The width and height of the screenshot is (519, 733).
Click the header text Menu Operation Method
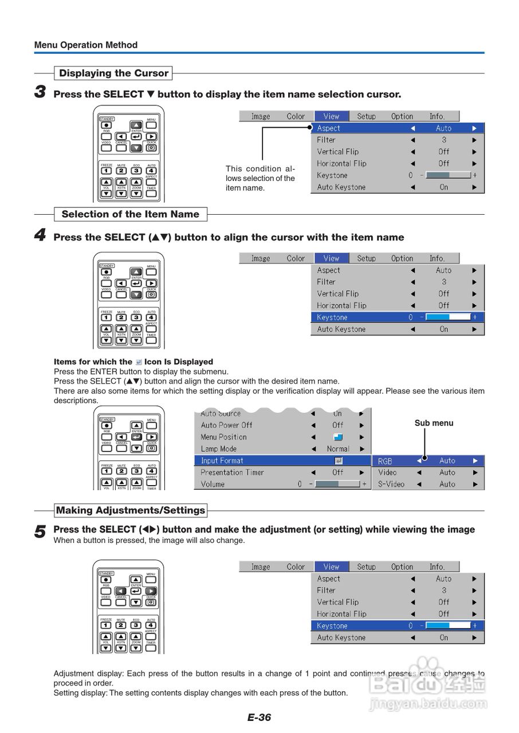pyautogui.click(x=86, y=45)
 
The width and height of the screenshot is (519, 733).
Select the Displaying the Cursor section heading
pyautogui.click(x=113, y=73)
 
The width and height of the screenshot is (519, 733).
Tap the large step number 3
pyautogui.click(x=40, y=92)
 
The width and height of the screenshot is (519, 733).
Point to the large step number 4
pyautogui.click(x=40, y=235)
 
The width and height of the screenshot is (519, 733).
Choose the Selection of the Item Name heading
pyautogui.click(x=130, y=214)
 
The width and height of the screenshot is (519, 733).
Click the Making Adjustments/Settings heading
pyautogui.click(x=130, y=510)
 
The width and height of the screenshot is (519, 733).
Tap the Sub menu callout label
pyautogui.click(x=434, y=423)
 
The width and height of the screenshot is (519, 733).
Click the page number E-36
pyautogui.click(x=259, y=718)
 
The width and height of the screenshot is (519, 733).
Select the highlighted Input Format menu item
pyautogui.click(x=222, y=460)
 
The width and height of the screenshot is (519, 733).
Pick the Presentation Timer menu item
pyautogui.click(x=232, y=472)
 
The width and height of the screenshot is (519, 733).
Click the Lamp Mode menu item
pyautogui.click(x=218, y=449)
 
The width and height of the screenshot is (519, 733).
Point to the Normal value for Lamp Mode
pyautogui.click(x=338, y=449)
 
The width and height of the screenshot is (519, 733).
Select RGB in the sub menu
pyautogui.click(x=385, y=461)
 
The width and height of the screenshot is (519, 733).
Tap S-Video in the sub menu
pyautogui.click(x=391, y=484)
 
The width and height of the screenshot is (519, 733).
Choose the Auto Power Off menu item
pyautogui.click(x=226, y=425)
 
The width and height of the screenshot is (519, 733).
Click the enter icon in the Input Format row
pyautogui.click(x=338, y=460)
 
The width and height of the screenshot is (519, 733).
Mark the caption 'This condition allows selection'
pyautogui.click(x=260, y=178)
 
